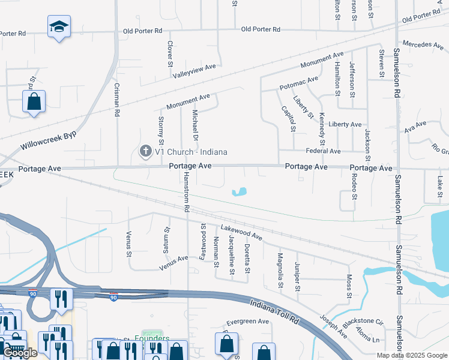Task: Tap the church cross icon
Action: (x=145, y=152)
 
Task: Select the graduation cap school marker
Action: (x=59, y=26)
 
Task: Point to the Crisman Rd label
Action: (x=117, y=100)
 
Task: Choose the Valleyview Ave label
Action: (x=194, y=68)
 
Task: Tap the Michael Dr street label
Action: (x=195, y=121)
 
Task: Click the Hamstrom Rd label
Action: (x=187, y=193)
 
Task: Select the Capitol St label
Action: (x=289, y=119)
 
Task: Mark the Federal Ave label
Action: (x=323, y=151)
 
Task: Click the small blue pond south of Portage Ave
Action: (x=240, y=193)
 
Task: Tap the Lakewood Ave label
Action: (x=241, y=232)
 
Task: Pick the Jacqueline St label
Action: (x=232, y=256)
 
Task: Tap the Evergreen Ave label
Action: (x=249, y=322)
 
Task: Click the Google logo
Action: (x=20, y=353)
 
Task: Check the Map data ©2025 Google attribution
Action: (x=411, y=355)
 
